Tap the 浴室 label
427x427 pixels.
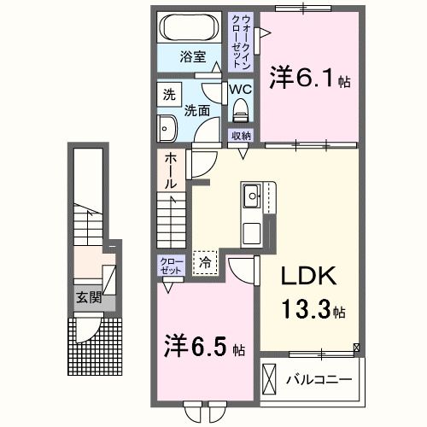click(191, 57)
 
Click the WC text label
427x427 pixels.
click(240, 88)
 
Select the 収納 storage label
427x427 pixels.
click(241, 137)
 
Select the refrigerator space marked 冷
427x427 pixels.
click(205, 264)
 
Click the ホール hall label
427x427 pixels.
click(171, 171)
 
